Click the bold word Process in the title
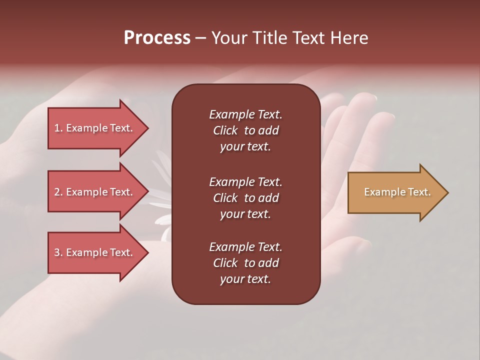tap(157, 38)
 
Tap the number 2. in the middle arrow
tap(58, 192)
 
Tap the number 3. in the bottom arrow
tap(58, 252)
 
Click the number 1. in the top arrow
tap(58, 128)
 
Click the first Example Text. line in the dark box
tap(245, 114)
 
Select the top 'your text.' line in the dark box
tap(245, 146)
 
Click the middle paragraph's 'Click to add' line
tap(245, 198)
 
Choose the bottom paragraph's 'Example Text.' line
tap(245, 247)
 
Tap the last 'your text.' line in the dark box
tap(245, 279)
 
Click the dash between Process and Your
tap(201, 38)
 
